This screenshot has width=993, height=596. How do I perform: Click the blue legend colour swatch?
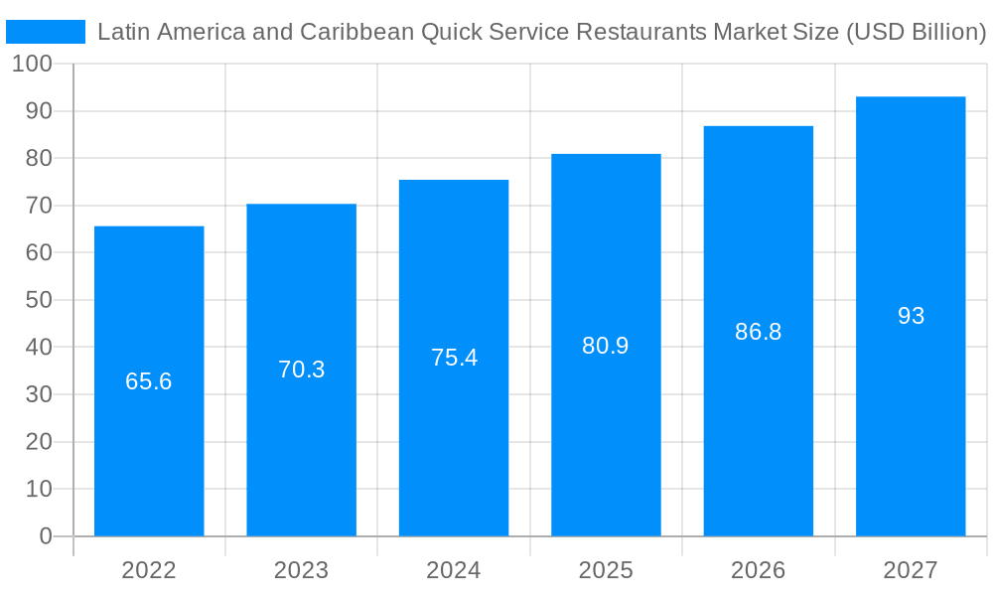coord(46,32)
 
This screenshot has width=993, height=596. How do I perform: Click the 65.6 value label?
coord(149,381)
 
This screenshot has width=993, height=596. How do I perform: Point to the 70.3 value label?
coord(301,370)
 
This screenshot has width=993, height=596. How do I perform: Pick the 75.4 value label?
coord(454,358)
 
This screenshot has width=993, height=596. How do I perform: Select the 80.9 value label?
coord(606,346)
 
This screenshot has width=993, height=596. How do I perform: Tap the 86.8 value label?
coord(759,332)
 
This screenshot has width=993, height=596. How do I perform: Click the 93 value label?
coord(911,316)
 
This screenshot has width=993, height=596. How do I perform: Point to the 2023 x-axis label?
coord(301,570)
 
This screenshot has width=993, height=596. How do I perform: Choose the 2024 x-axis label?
coord(454,570)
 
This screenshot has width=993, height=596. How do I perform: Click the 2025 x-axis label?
coord(606,570)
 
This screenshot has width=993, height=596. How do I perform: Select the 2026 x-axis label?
coord(759,570)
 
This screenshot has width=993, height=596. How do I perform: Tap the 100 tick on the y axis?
coord(32,64)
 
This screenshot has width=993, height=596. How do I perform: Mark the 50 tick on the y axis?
coord(38,300)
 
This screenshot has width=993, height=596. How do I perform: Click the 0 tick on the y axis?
coord(46,536)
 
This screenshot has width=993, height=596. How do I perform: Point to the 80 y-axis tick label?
coord(38,158)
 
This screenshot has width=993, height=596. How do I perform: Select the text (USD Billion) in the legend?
coord(914,32)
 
